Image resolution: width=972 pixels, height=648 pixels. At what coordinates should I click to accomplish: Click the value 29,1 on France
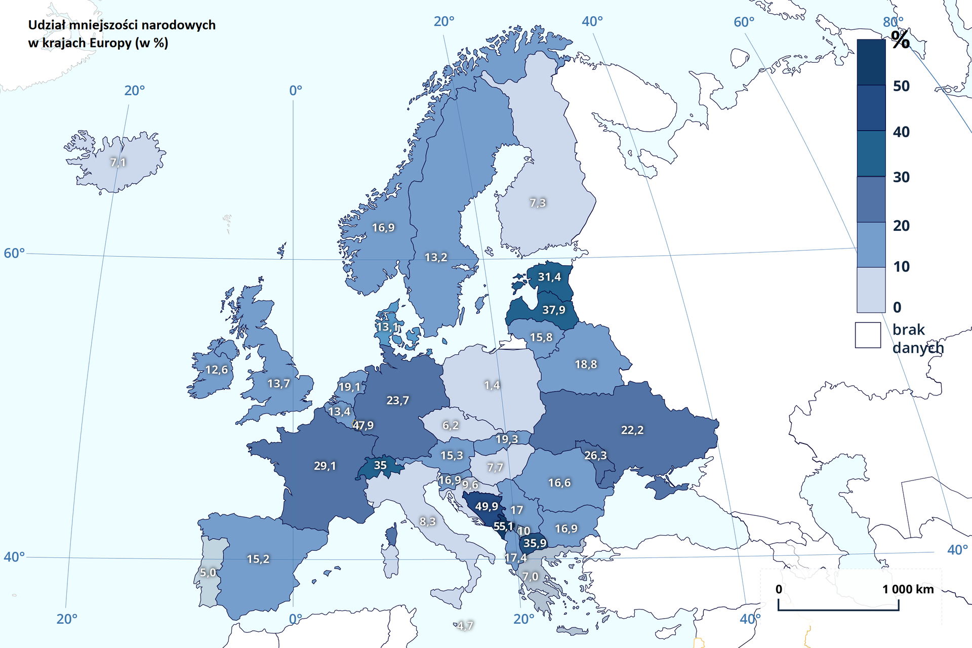click(x=325, y=466)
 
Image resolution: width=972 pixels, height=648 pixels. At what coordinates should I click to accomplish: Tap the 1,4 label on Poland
click(x=492, y=385)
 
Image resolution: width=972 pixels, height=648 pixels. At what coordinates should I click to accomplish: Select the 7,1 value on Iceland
click(x=117, y=163)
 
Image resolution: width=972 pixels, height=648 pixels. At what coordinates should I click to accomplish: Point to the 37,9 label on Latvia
click(x=553, y=310)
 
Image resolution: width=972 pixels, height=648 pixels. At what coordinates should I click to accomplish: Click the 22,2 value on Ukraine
click(x=632, y=430)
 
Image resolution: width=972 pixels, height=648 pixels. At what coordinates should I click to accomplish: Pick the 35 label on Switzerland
click(x=380, y=465)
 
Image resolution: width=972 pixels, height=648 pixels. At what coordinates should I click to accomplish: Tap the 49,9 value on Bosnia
click(x=486, y=506)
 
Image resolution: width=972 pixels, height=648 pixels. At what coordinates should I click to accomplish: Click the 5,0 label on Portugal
click(x=208, y=573)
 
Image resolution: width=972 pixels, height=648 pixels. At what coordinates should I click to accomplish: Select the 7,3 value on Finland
click(x=537, y=203)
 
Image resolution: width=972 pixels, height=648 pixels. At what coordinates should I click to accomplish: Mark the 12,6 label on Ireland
click(x=216, y=370)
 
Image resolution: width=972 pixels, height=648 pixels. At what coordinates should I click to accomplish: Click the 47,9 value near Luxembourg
click(x=363, y=426)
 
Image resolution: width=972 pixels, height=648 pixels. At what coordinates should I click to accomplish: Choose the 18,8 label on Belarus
click(x=586, y=364)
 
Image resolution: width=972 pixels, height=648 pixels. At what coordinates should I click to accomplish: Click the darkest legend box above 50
click(x=871, y=62)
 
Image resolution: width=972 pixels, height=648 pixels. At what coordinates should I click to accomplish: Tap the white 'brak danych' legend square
click(x=868, y=335)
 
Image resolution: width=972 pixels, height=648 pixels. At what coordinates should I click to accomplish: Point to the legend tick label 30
click(x=901, y=177)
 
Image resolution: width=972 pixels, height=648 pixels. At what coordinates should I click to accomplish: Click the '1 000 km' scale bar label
click(x=908, y=589)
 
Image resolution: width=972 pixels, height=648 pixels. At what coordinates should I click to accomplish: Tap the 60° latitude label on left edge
click(x=14, y=253)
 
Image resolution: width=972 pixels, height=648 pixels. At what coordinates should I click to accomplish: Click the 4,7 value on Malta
click(x=464, y=626)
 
